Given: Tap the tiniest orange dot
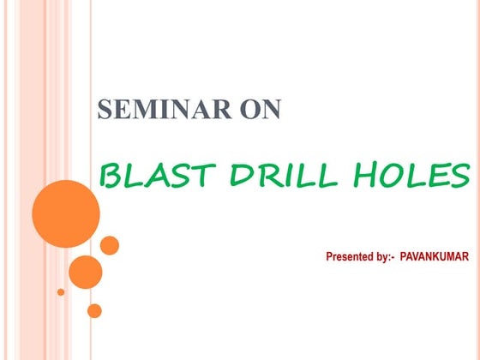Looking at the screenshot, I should pyautogui.click(x=61, y=291).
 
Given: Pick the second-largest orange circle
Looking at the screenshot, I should pyautogui.click(x=85, y=272).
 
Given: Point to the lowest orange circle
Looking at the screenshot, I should pyautogui.click(x=94, y=310).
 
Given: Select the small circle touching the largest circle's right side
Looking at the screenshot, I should pyautogui.click(x=110, y=245).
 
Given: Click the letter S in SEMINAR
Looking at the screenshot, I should pyautogui.click(x=105, y=111).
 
